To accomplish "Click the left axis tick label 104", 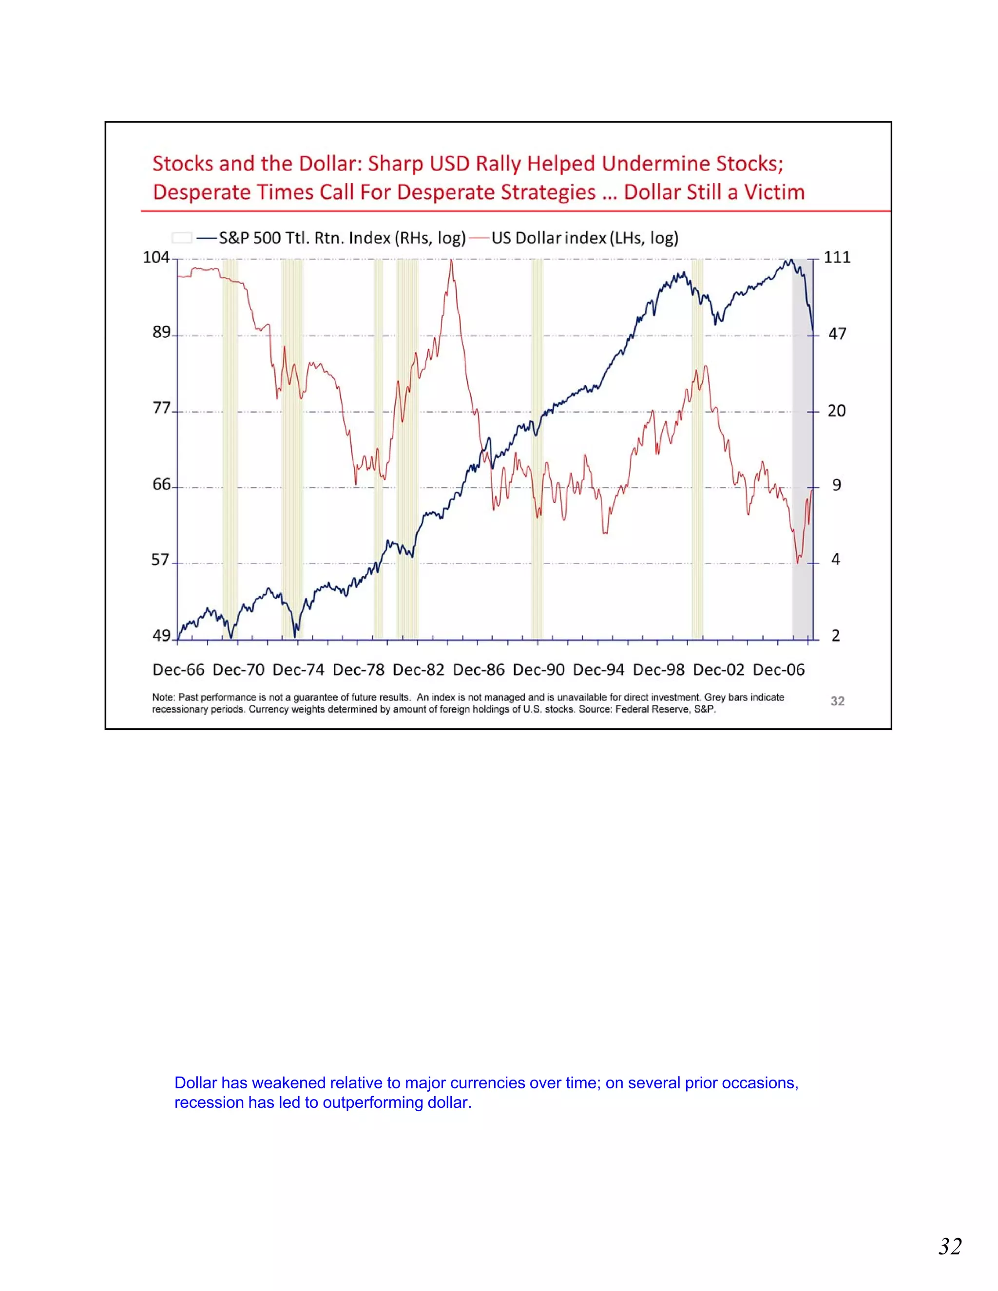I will coord(156,257).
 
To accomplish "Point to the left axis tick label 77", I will coord(161,408).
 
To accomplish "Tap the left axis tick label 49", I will coord(161,635).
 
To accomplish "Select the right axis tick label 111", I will coord(837,257).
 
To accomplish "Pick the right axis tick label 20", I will coord(836,411).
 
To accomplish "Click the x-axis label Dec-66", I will coord(178,670).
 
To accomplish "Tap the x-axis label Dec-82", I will coord(418,670).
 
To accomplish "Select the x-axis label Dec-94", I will coord(598,670).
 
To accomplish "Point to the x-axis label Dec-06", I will coord(779,670).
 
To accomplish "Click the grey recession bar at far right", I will coord(802,449).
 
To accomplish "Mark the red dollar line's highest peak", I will coord(451,261).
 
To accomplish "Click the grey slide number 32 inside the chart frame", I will coord(837,701).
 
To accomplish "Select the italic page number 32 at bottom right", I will coord(950,1247).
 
